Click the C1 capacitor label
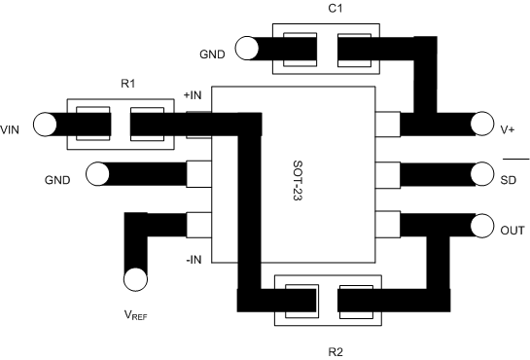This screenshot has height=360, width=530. pos(336,9)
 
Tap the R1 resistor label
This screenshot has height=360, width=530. pos(127,85)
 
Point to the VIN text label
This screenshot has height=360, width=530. pos(11,126)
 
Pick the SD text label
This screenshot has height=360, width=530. pos(509,179)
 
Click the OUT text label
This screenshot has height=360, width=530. pos(512,231)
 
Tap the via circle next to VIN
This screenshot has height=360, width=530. pos(45,125)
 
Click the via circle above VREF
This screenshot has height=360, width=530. pos(136,280)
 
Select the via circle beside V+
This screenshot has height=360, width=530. pos(481,125)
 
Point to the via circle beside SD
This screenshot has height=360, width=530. pos(481,175)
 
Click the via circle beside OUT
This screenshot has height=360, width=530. pos(481,226)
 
